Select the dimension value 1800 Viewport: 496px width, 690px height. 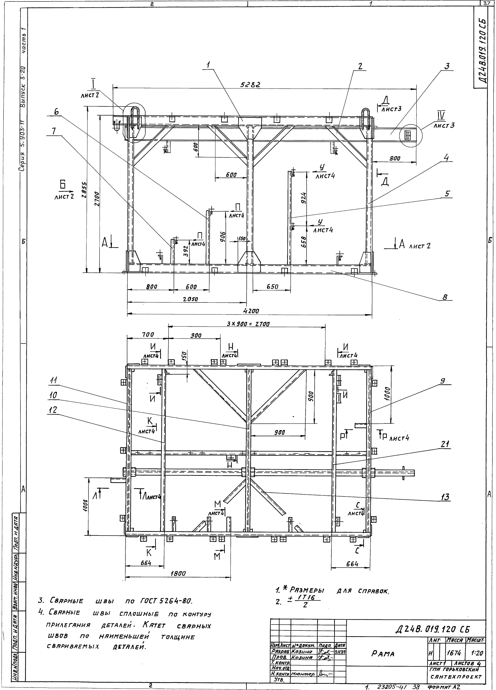click(x=178, y=574)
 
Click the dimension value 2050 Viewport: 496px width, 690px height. click(x=190, y=299)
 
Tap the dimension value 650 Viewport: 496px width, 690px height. click(x=272, y=287)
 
